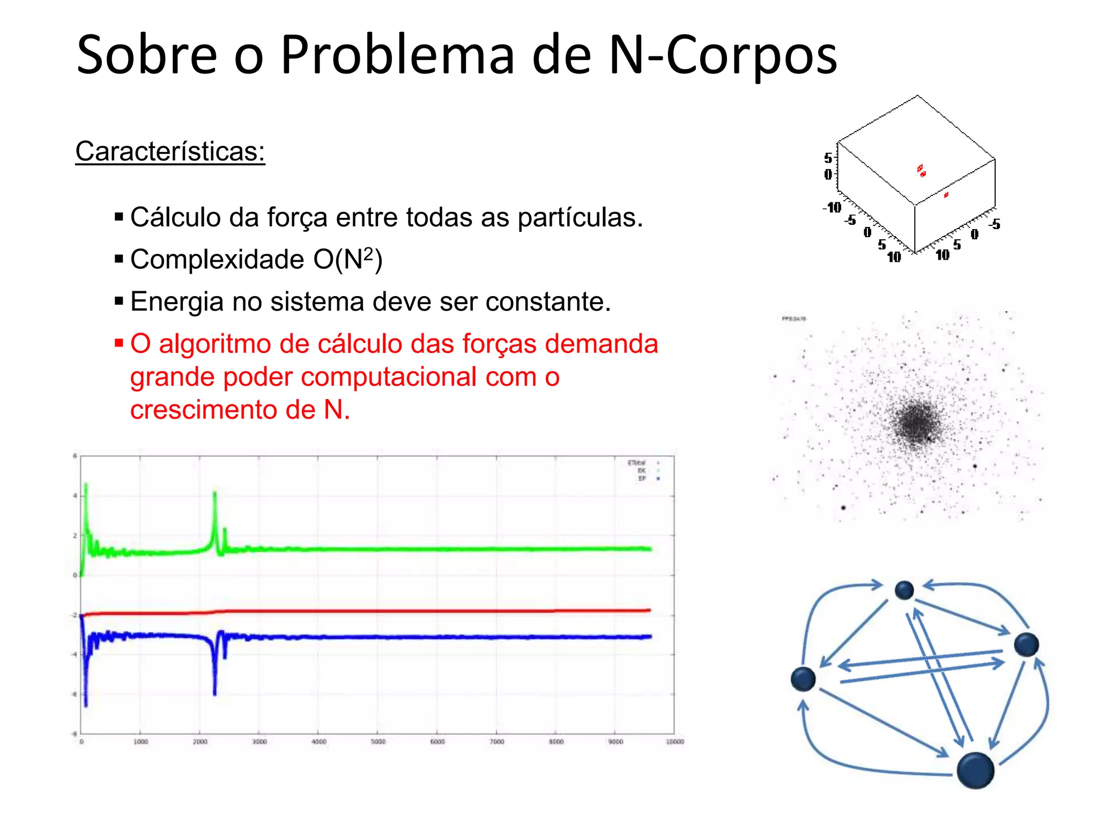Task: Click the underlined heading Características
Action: point(170,151)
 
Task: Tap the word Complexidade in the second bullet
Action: point(217,260)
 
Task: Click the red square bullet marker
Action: point(119,342)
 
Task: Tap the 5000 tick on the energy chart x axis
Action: point(378,741)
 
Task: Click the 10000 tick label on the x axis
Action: point(674,741)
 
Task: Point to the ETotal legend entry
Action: point(637,462)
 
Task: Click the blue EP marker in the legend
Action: point(658,478)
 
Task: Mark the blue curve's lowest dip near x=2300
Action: point(215,693)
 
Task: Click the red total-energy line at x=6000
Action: point(437,611)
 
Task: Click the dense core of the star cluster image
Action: point(916,422)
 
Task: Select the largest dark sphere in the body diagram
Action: point(975,770)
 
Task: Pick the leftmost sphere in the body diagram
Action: point(803,679)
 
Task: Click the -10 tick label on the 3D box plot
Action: point(833,208)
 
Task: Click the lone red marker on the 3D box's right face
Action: point(946,195)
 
